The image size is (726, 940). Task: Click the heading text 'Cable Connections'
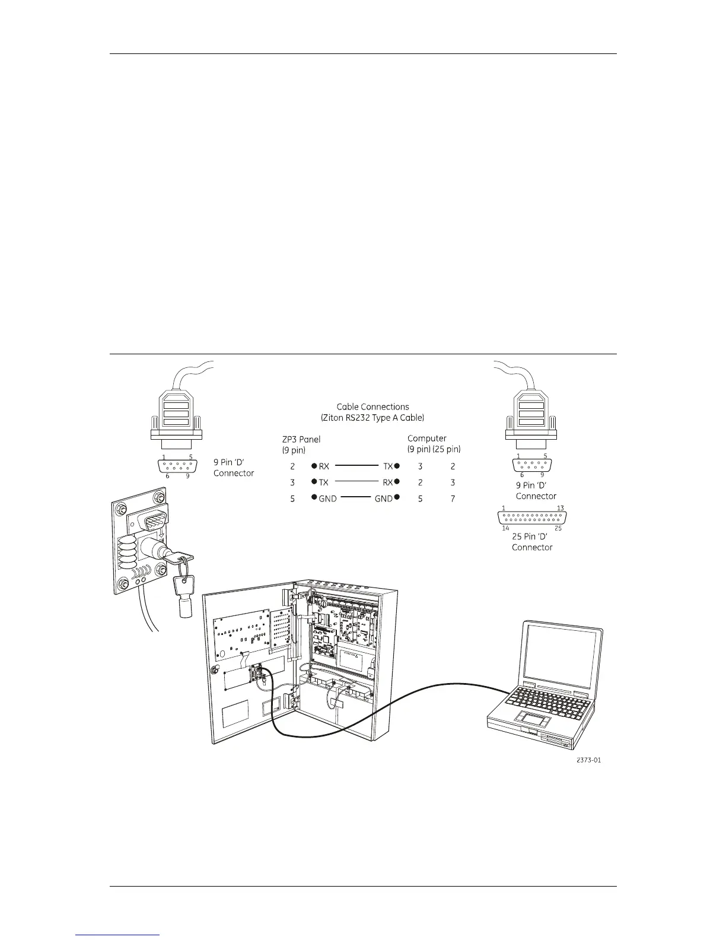tap(372, 407)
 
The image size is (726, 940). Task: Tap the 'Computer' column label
tap(426, 439)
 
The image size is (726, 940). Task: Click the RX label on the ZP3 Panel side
tap(324, 467)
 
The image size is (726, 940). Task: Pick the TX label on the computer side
tap(388, 467)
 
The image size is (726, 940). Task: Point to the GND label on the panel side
tap(327, 499)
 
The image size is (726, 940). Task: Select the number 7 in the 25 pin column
tap(453, 499)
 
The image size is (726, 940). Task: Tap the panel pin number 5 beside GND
tap(292, 499)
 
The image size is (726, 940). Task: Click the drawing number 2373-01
tap(588, 760)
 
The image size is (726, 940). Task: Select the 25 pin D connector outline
tap(532, 517)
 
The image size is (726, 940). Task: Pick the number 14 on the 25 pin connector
tap(506, 528)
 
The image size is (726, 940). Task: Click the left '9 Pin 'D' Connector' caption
tap(234, 468)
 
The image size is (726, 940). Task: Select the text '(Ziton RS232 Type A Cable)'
tap(372, 418)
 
